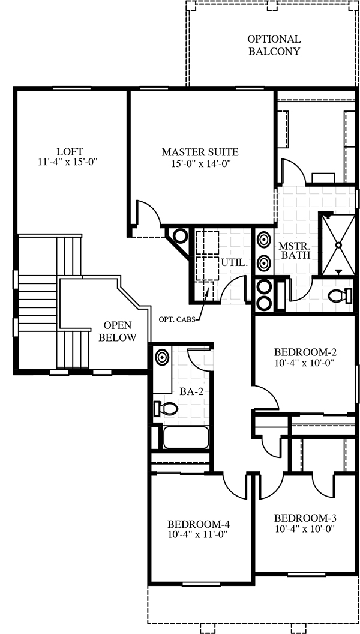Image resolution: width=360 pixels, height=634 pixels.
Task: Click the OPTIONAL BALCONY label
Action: (x=274, y=45)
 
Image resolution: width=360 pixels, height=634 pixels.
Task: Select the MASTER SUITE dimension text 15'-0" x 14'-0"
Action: (x=200, y=163)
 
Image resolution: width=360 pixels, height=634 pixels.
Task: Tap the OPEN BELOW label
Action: (x=118, y=331)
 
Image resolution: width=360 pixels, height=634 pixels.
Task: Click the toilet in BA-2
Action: (x=166, y=408)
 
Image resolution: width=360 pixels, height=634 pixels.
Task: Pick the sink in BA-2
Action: (x=162, y=357)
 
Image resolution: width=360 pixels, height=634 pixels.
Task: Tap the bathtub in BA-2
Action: (x=186, y=437)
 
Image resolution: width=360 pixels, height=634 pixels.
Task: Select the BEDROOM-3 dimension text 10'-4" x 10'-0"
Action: (x=305, y=528)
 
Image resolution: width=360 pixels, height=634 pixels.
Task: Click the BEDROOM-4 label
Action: (x=199, y=524)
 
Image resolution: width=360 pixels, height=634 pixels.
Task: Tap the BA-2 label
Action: (x=191, y=391)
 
